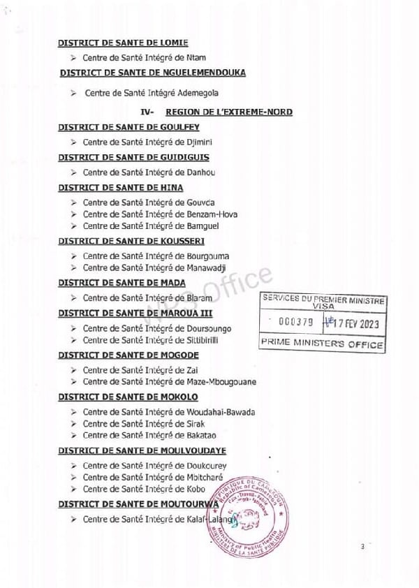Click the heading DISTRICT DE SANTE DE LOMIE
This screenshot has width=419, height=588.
point(123,43)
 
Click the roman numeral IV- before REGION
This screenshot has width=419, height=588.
point(148,112)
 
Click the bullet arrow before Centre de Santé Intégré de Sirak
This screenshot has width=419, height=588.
point(73,424)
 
